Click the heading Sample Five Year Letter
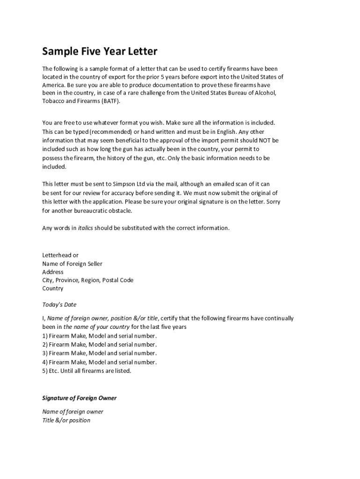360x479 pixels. pyautogui.click(x=100, y=51)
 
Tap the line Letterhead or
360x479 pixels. pyautogui.click(x=60, y=255)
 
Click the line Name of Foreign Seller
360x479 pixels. pyautogui.click(x=72, y=264)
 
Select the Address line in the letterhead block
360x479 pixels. pyautogui.click(x=53, y=272)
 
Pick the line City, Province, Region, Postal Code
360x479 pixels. pyautogui.click(x=87, y=280)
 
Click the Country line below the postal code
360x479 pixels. pyautogui.click(x=52, y=289)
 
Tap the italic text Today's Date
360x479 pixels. pyautogui.click(x=59, y=305)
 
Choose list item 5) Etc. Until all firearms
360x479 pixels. pyautogui.click(x=87, y=371)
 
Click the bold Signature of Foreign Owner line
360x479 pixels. pyautogui.click(x=79, y=398)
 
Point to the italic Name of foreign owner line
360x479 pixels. pyautogui.click(x=72, y=412)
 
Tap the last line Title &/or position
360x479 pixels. pyautogui.click(x=66, y=420)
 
